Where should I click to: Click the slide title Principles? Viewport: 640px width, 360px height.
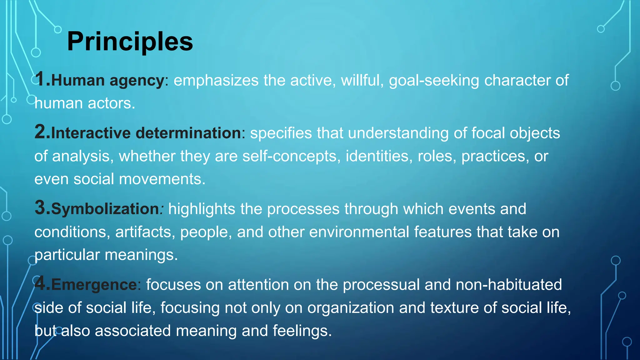point(130,42)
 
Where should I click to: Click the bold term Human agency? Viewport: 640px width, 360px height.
point(107,81)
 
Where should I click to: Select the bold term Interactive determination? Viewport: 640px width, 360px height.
point(146,133)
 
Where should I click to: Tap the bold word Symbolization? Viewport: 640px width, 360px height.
point(105,209)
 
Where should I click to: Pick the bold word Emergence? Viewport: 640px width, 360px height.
point(94,285)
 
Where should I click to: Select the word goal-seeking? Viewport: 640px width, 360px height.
point(434,81)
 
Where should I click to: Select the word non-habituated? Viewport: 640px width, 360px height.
point(508,285)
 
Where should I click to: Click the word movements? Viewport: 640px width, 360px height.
point(162,179)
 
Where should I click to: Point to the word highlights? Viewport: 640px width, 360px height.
point(202,209)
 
